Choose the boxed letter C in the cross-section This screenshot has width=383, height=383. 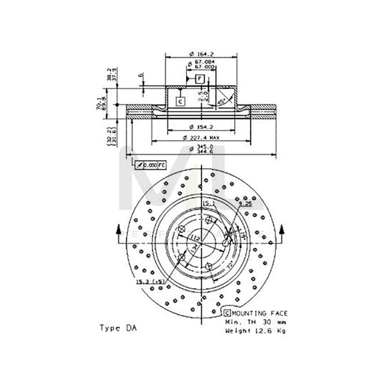point(180,101)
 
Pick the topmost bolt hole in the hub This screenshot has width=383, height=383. point(199,213)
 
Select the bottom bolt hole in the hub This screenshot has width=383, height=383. point(181,257)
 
